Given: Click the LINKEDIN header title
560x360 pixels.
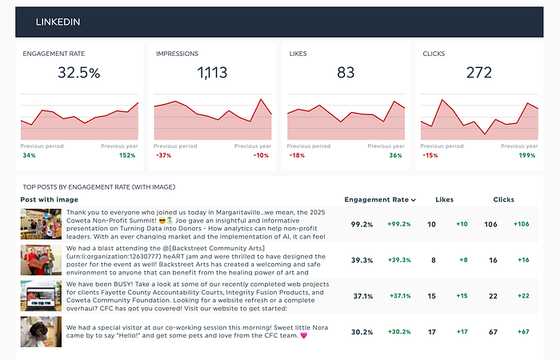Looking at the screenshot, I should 58,22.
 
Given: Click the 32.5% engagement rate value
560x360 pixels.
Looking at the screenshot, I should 79,73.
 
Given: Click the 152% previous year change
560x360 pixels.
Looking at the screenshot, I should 127,155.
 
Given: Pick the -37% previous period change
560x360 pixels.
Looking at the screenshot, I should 163,155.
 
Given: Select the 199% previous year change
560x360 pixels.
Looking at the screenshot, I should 526,155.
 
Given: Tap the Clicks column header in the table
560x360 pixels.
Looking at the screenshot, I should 503,199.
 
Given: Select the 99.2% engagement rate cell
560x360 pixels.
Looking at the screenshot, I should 362,225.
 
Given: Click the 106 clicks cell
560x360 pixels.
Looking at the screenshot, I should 491,225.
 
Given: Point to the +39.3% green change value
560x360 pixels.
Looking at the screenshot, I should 399,260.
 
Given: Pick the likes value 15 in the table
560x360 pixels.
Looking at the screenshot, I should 432,296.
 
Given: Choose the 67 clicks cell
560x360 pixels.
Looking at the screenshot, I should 492,332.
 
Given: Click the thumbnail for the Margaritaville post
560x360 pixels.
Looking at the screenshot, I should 41,224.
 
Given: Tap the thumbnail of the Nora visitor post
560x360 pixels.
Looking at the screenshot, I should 41,331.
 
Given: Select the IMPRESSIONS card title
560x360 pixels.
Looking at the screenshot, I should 178,53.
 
